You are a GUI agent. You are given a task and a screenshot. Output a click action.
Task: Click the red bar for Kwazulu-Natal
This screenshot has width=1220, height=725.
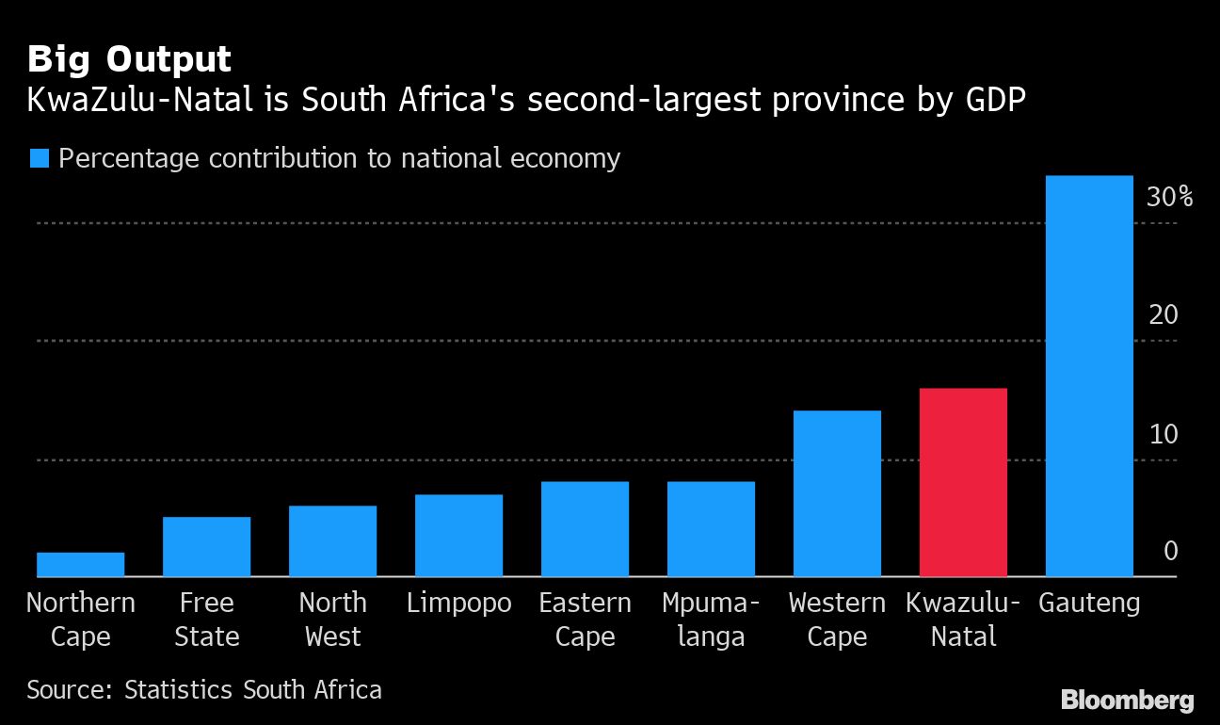963,482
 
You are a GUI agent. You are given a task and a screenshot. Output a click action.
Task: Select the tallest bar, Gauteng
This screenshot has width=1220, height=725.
1089,376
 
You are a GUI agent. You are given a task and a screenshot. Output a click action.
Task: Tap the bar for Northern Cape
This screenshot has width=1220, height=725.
81,564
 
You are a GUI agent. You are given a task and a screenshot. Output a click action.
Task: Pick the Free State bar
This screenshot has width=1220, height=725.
206,546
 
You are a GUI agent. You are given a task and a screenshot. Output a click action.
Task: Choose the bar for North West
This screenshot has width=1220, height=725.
332,540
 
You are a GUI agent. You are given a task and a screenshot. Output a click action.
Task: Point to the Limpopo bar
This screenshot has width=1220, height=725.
458,535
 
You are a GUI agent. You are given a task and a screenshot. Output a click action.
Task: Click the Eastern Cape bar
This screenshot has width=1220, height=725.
585,528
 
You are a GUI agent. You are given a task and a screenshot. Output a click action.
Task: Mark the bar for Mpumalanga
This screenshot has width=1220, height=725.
711,528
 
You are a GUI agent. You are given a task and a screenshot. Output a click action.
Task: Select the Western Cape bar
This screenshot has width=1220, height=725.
837,493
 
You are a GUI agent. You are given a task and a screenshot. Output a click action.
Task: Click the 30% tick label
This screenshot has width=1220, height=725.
1169,198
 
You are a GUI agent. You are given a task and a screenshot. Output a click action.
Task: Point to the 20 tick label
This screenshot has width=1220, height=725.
1164,315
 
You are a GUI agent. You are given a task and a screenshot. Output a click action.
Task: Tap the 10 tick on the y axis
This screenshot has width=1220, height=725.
1164,434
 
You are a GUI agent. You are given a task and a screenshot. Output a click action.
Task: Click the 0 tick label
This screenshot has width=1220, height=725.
1171,551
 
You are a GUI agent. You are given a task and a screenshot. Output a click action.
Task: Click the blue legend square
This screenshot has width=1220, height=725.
39,158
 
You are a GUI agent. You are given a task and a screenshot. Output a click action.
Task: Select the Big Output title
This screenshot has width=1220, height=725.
129,59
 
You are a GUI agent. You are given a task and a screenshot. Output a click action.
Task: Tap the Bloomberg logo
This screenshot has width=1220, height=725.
1127,700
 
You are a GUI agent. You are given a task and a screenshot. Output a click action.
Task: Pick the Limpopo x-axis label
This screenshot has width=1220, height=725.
458,603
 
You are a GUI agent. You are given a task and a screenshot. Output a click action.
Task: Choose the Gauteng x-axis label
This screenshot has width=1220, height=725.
1089,603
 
